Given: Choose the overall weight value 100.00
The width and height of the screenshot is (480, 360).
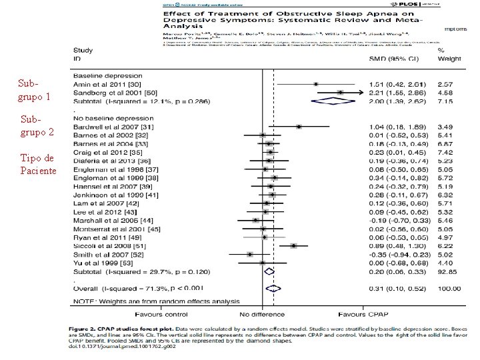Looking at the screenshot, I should [449, 288].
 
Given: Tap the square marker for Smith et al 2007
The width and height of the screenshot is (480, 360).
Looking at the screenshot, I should [249, 254].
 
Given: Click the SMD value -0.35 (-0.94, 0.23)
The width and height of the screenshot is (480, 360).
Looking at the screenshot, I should [397, 254].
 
